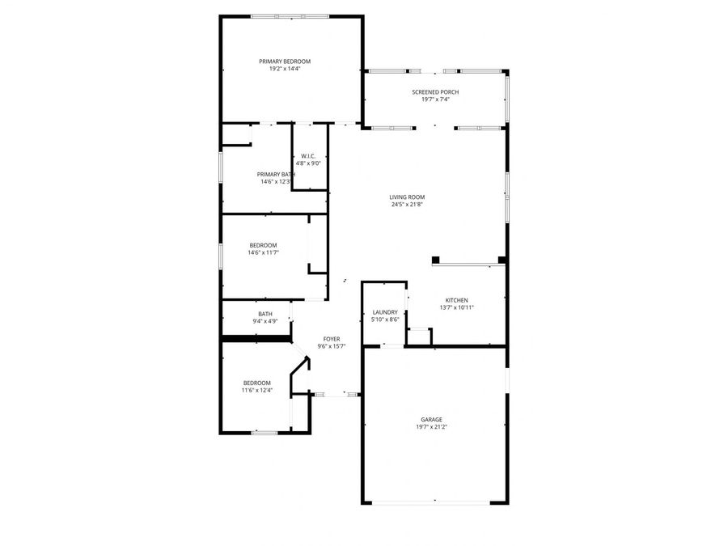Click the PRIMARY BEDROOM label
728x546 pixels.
pos(285,61)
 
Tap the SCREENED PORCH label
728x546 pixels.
pos(435,92)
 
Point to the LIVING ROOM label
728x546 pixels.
pos(407,197)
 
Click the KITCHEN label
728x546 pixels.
pos(456,300)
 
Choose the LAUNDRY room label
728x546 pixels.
pos(385,312)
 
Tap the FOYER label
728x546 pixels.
pos(332,339)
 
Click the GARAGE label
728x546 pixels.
pos(431,419)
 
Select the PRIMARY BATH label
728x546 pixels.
pos(276,174)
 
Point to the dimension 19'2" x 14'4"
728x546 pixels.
pos(285,69)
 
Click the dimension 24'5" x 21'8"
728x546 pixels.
pos(407,205)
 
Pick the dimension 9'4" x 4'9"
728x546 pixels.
pos(265,321)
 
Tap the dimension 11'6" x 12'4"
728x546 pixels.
pos(257,390)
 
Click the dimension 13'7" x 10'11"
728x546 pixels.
pos(456,307)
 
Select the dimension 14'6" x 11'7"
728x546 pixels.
pos(264,252)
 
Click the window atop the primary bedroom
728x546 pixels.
pos(289,15)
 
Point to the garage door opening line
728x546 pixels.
pos(430,503)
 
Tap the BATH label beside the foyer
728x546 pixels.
pos(265,314)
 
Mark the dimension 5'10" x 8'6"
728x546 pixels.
pos(385,320)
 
